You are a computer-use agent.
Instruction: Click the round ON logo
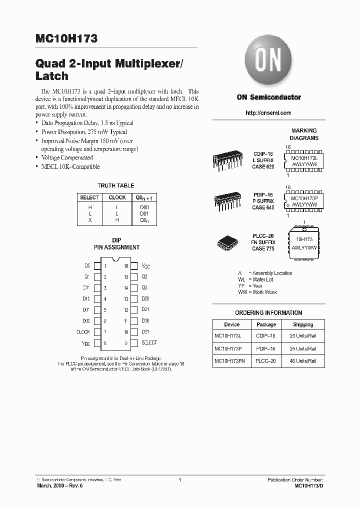268,62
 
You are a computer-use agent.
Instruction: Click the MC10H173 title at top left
67,38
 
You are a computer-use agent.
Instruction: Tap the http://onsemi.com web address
268,113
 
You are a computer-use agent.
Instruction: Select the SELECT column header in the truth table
89,197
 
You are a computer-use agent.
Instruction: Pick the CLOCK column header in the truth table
117,197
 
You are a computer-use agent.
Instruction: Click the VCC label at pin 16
145,266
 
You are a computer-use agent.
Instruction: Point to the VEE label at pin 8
86,343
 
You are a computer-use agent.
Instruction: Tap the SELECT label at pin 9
149,343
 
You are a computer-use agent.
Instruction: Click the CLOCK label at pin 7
83,332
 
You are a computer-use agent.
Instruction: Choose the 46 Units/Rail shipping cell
303,361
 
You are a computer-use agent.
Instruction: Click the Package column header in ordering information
266,324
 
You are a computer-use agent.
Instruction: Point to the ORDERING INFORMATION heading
268,313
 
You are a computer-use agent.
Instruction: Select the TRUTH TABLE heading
115,185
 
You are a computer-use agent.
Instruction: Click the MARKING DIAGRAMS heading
304,134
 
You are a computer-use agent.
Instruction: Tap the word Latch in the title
52,76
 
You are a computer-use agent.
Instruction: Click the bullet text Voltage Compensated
67,157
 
